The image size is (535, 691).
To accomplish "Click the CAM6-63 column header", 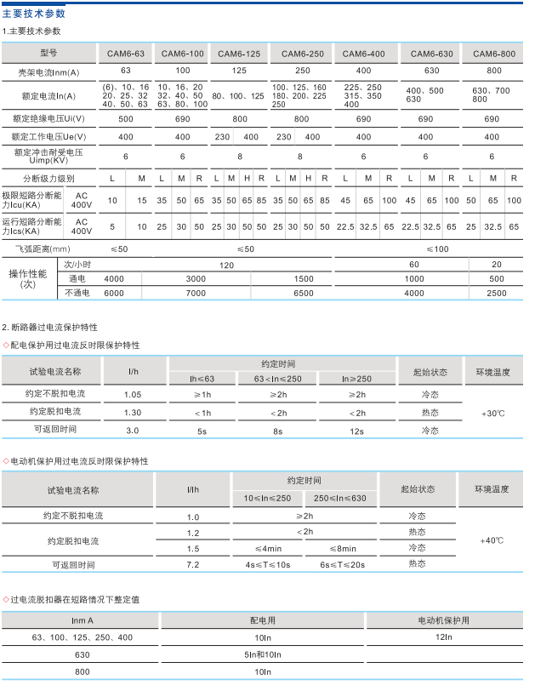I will click(x=125, y=54).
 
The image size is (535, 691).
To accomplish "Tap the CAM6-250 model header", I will click(x=301, y=54).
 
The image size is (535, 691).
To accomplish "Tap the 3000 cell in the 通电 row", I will click(x=196, y=279).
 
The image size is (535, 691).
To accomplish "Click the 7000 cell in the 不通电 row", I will click(x=196, y=293).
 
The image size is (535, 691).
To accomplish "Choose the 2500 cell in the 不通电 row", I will click(x=497, y=293).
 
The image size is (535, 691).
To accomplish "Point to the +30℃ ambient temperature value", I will click(x=493, y=413).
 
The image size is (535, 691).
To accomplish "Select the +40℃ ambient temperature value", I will click(x=492, y=540).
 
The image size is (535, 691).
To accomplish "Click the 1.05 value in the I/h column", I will click(x=133, y=395).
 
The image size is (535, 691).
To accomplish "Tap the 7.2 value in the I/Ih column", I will click(x=192, y=564).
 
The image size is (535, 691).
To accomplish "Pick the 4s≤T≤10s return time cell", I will click(x=269, y=564).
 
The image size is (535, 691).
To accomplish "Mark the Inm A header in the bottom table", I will click(x=83, y=620).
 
